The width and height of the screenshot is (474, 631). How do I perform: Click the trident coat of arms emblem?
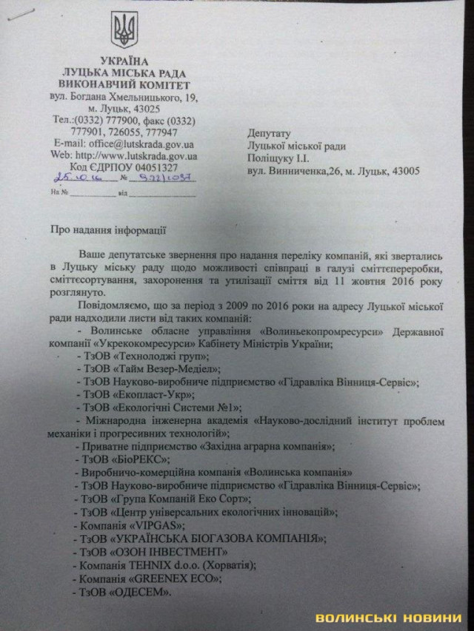click(124, 32)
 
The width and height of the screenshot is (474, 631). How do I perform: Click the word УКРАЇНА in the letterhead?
click(124, 61)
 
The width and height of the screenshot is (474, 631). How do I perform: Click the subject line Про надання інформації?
click(107, 230)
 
